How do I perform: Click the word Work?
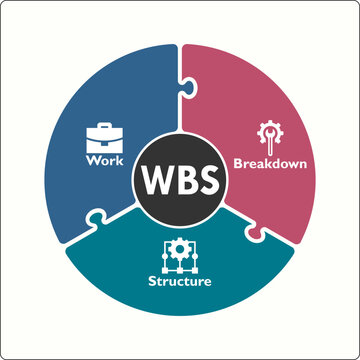[x=104, y=160]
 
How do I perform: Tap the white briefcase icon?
[x=104, y=137]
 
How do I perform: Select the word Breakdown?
[x=269, y=162]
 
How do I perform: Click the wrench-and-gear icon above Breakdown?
[x=268, y=134]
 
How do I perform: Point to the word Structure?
[x=181, y=281]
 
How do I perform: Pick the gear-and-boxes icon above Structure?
[x=180, y=255]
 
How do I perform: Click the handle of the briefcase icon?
[x=104, y=126]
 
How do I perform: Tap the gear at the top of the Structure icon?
[x=180, y=246]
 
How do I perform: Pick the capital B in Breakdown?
[x=237, y=162]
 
